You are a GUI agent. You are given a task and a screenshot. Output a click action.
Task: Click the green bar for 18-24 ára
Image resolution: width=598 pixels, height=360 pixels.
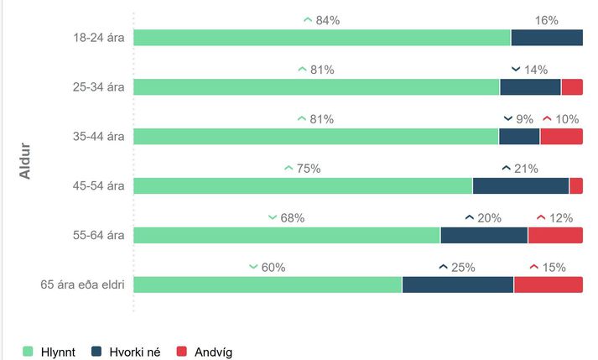[x=322, y=38]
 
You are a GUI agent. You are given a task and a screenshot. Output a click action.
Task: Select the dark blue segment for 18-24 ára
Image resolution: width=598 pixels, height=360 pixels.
[x=546, y=38]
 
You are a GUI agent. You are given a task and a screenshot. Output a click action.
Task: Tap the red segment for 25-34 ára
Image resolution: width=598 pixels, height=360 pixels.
[x=572, y=87]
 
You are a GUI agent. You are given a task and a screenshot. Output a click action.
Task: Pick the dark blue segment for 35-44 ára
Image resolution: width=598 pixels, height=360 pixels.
[x=519, y=137]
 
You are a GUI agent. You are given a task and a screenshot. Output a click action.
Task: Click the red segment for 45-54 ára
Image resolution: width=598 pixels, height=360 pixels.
[x=576, y=186]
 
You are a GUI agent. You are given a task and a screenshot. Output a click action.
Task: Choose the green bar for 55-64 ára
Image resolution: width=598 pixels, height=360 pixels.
[x=287, y=235]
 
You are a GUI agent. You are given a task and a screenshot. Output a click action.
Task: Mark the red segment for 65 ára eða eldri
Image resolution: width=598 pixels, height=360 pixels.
[x=548, y=284]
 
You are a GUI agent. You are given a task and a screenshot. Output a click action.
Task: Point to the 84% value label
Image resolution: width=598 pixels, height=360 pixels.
[x=327, y=20]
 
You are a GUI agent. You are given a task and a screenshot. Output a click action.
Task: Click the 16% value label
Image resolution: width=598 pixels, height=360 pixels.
[x=546, y=20]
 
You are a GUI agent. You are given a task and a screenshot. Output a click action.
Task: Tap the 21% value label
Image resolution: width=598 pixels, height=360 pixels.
[x=526, y=169]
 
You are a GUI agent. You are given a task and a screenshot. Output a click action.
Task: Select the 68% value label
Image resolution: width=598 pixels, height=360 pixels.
[x=292, y=218]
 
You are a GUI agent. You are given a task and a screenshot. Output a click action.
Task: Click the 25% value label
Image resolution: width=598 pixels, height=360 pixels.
[x=463, y=268]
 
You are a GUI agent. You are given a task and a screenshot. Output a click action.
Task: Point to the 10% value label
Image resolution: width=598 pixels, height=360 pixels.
[x=567, y=119]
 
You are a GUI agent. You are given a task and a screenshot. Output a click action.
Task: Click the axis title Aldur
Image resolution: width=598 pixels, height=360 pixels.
[x=26, y=159]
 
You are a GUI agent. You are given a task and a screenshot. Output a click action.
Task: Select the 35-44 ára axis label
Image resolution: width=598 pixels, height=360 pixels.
[x=99, y=137]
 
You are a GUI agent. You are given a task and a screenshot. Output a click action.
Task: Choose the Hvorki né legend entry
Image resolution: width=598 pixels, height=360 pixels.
[x=127, y=352]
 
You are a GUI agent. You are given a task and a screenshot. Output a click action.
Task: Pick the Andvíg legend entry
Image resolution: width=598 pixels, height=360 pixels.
[x=203, y=352]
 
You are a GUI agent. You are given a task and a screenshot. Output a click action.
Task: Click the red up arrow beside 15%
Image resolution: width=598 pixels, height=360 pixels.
[x=533, y=268]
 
